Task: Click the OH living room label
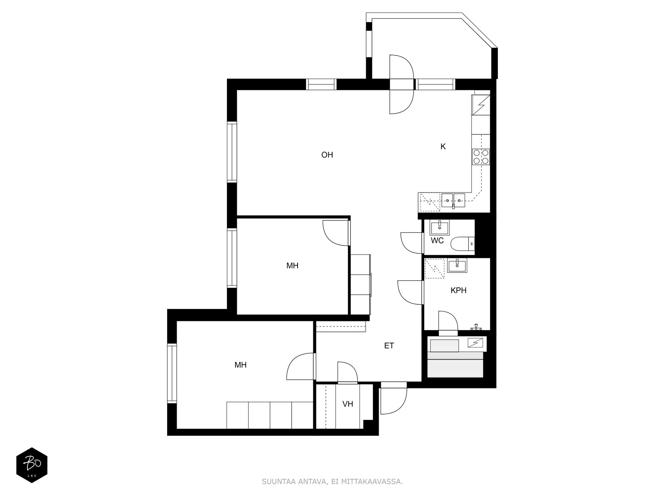click(x=327, y=155)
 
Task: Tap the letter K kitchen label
click(x=443, y=147)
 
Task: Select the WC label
click(x=437, y=241)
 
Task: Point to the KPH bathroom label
click(x=458, y=290)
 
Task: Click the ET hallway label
click(x=389, y=346)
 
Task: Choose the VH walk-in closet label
click(x=348, y=404)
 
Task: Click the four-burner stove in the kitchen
click(x=480, y=157)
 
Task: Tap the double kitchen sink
click(x=453, y=200)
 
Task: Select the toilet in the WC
click(x=463, y=244)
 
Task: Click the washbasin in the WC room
click(x=440, y=227)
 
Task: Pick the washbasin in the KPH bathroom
click(x=457, y=266)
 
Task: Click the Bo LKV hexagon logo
click(x=32, y=465)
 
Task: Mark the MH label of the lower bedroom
click(x=241, y=365)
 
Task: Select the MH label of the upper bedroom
click(x=292, y=266)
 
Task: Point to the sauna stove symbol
click(x=475, y=343)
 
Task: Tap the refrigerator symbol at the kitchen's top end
click(x=481, y=105)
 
